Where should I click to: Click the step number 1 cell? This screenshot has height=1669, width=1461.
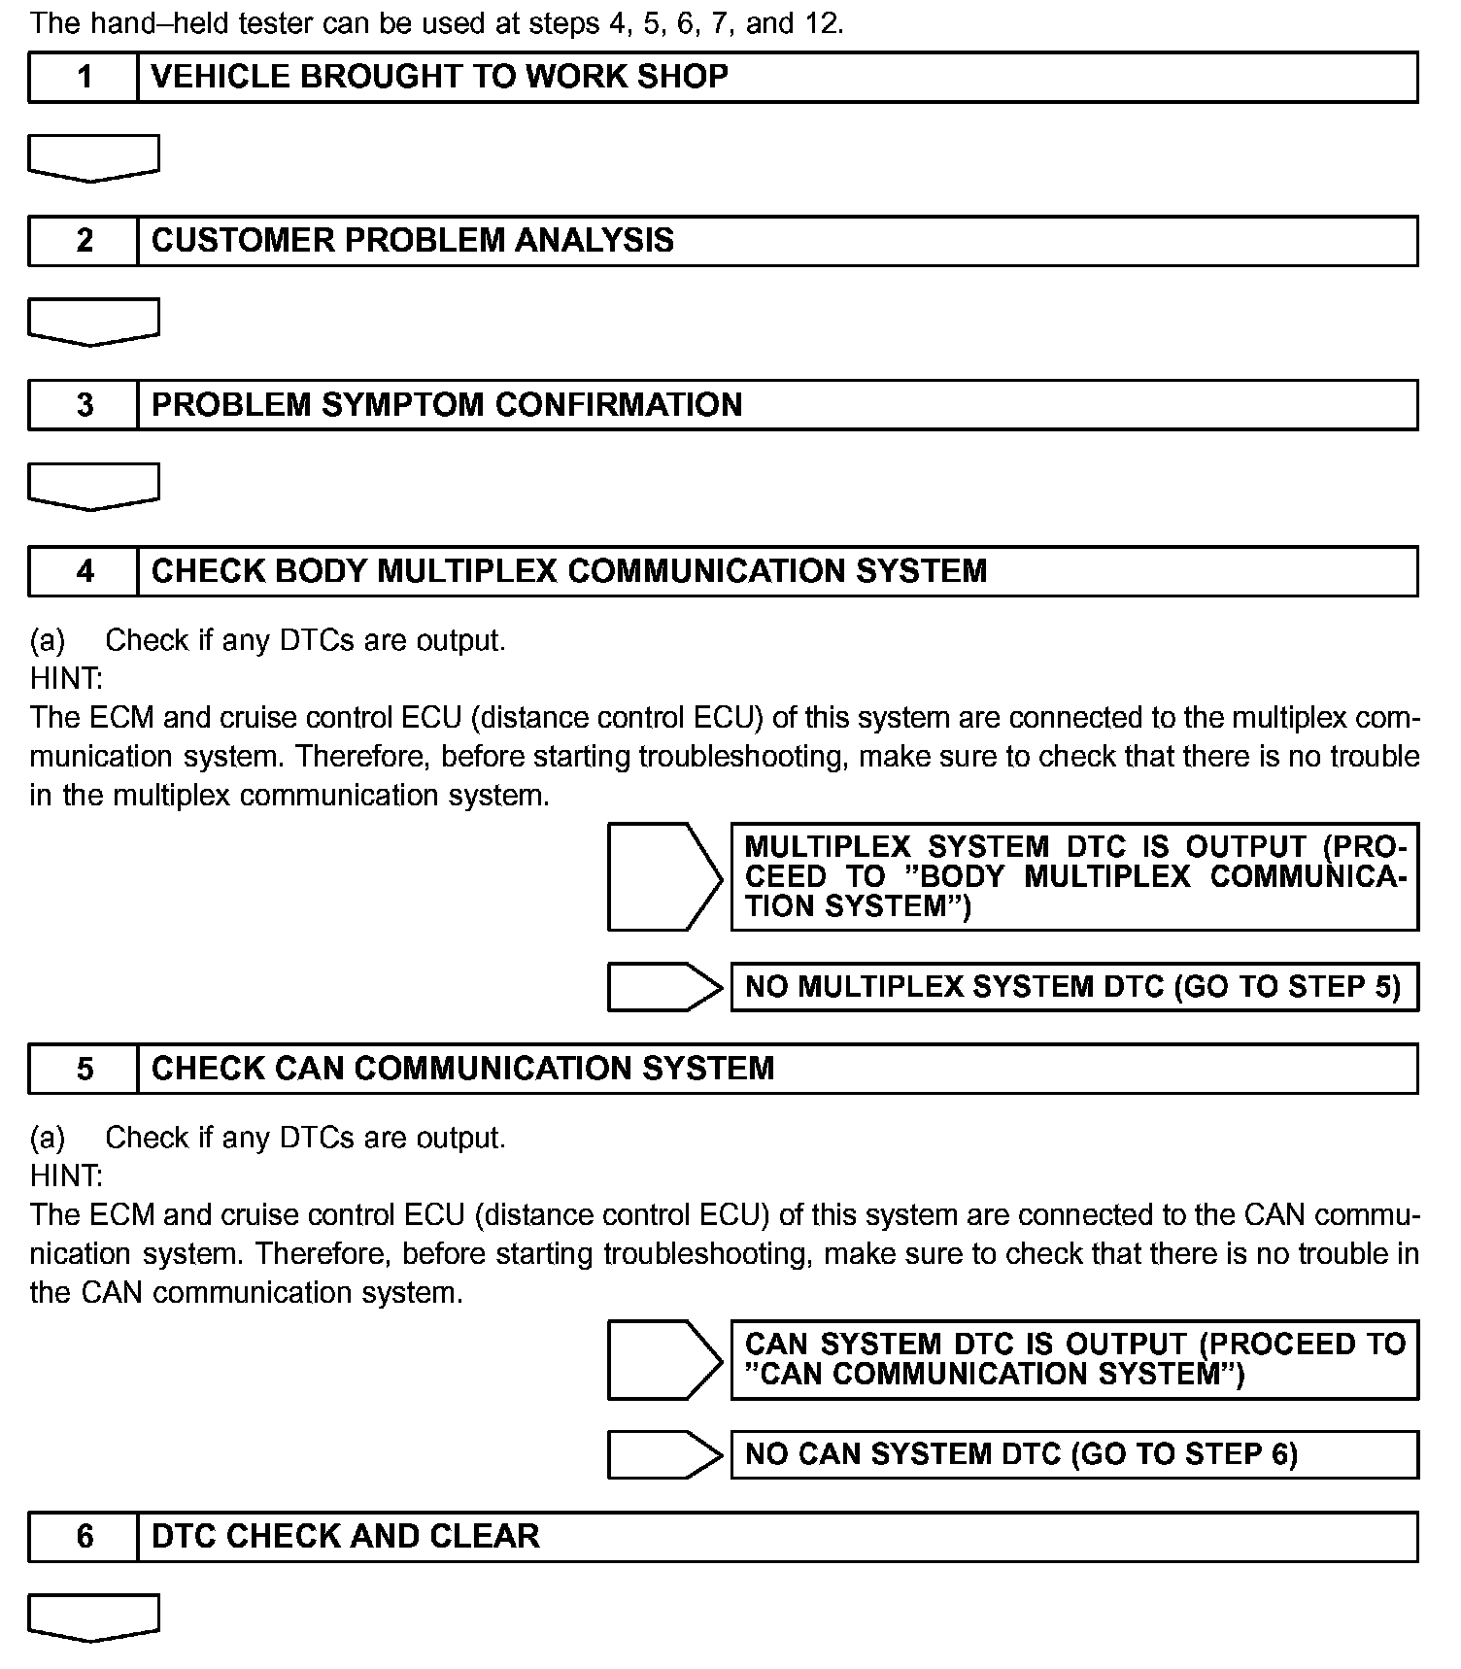pos(85,77)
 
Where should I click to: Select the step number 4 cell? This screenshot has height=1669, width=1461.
pos(85,571)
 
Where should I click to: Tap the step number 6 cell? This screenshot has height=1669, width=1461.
pos(85,1536)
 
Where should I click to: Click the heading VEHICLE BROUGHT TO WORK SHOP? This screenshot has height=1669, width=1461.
pos(440,77)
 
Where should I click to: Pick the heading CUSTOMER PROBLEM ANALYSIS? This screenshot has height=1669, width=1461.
pos(413,241)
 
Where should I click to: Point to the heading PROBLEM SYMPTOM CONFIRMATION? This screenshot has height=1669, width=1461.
pos(447,405)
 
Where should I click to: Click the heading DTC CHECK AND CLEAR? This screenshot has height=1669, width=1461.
pos(346,1536)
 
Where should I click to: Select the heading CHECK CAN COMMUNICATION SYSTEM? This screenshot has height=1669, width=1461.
pos(463,1069)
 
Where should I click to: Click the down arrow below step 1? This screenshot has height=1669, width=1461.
pos(93,157)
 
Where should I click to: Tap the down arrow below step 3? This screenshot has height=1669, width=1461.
pos(93,486)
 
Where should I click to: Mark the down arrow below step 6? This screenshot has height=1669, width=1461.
pos(93,1618)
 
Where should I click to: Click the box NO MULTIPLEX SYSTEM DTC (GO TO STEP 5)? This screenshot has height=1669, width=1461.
pos(1073,987)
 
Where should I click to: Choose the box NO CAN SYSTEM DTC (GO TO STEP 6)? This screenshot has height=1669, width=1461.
pos(1073,1454)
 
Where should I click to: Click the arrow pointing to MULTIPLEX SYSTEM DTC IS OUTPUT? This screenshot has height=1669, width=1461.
pos(664,877)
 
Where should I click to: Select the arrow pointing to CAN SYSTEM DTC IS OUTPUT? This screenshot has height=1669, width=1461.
pos(664,1360)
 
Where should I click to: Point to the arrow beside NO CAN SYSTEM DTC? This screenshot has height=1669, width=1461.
pos(664,1454)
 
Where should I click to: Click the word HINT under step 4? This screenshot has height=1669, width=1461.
pos(66,678)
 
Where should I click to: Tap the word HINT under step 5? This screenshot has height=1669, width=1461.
pos(66,1175)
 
